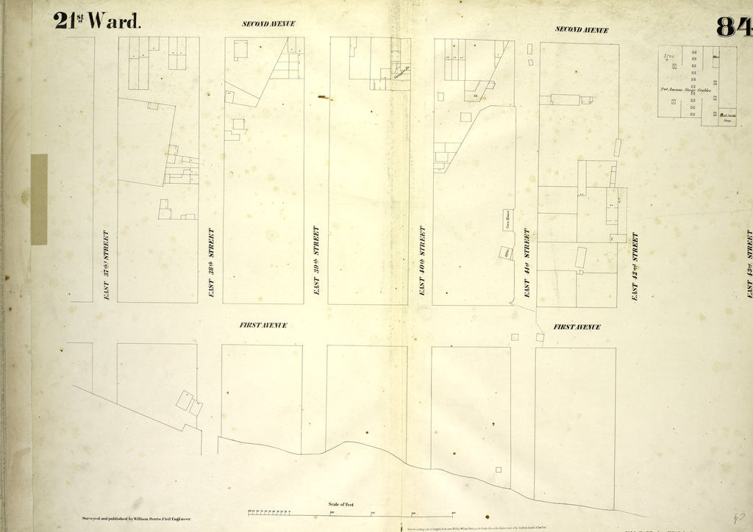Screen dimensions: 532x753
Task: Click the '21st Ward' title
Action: tap(96, 21)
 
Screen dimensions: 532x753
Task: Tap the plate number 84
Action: tap(734, 26)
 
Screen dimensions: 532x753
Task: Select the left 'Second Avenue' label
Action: tap(268, 24)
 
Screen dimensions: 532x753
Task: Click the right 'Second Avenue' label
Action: tap(582, 29)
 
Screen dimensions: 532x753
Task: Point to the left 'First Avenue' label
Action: tap(263, 325)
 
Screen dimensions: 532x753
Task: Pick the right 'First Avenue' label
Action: tap(577, 327)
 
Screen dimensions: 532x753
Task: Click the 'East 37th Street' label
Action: tap(106, 265)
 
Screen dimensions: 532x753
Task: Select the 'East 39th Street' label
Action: tap(316, 261)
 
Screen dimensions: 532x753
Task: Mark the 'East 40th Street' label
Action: tap(422, 261)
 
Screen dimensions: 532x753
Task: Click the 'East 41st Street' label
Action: tap(527, 262)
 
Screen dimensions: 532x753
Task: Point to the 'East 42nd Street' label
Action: tap(635, 266)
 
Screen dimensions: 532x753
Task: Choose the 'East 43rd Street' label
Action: tap(749, 263)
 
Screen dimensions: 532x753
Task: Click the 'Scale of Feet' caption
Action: tap(340, 505)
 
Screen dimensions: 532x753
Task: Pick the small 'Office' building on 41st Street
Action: tap(506, 252)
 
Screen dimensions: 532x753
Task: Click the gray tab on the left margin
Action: tap(39, 199)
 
